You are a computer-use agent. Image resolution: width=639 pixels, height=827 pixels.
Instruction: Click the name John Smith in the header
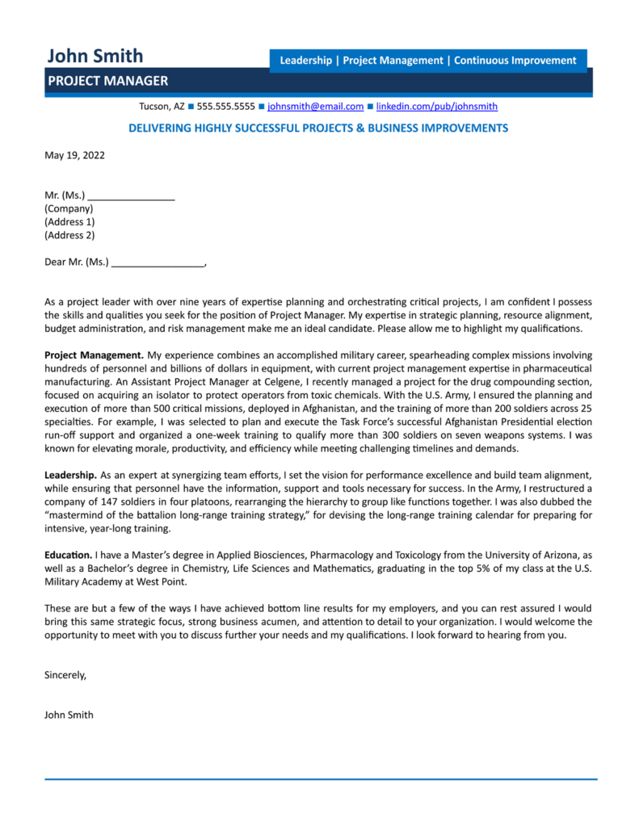(95, 56)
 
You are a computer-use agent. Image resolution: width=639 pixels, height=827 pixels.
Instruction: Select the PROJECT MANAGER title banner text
(107, 81)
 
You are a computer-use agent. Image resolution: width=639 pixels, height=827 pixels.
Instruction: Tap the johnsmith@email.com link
(315, 106)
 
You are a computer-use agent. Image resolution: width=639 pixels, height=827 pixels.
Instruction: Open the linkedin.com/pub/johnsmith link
(437, 106)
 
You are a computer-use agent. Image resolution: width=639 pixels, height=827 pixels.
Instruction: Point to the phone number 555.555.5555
(225, 106)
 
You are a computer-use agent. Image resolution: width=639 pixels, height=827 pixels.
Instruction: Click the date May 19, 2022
(74, 154)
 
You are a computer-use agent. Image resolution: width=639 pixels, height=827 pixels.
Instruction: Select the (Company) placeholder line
(69, 208)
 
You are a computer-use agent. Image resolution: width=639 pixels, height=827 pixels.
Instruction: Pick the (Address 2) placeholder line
(69, 235)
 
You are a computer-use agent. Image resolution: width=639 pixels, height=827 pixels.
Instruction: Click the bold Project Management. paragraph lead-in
(94, 355)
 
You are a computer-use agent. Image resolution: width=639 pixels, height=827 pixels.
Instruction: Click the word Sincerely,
(65, 674)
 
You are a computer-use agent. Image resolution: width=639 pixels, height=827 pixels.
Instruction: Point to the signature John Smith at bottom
(69, 715)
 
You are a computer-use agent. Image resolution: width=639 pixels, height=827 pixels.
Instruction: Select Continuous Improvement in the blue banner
(515, 61)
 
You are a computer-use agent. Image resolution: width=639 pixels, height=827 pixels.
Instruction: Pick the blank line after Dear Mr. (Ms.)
(158, 262)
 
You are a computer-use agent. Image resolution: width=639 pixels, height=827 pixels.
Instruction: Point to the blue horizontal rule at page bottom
(320, 779)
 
